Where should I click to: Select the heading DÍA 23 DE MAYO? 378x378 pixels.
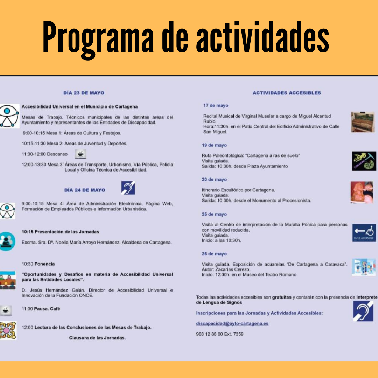[84, 93]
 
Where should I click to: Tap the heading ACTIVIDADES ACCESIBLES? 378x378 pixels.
[287, 93]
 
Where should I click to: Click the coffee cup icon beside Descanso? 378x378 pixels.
[80, 154]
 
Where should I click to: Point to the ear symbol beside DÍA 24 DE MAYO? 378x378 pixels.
[128, 188]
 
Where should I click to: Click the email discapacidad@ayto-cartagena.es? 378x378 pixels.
[232, 323]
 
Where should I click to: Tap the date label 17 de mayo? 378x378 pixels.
[216, 106]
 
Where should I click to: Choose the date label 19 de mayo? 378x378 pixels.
[214, 145]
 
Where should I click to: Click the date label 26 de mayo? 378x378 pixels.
[214, 254]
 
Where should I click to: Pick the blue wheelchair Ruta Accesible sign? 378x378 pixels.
[364, 233]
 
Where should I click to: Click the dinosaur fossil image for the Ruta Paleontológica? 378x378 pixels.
[364, 161]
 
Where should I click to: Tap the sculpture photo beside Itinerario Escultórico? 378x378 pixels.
[362, 192]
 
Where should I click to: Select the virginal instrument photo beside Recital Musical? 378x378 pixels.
[363, 122]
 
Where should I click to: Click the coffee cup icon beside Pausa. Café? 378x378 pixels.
[6, 310]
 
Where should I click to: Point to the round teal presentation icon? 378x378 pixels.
[7, 241]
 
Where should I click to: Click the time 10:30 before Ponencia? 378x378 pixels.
[28, 264]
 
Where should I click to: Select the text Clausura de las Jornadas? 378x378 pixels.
[97, 338]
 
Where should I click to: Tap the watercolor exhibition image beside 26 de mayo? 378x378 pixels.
[364, 267]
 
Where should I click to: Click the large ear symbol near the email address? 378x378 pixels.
[363, 311]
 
